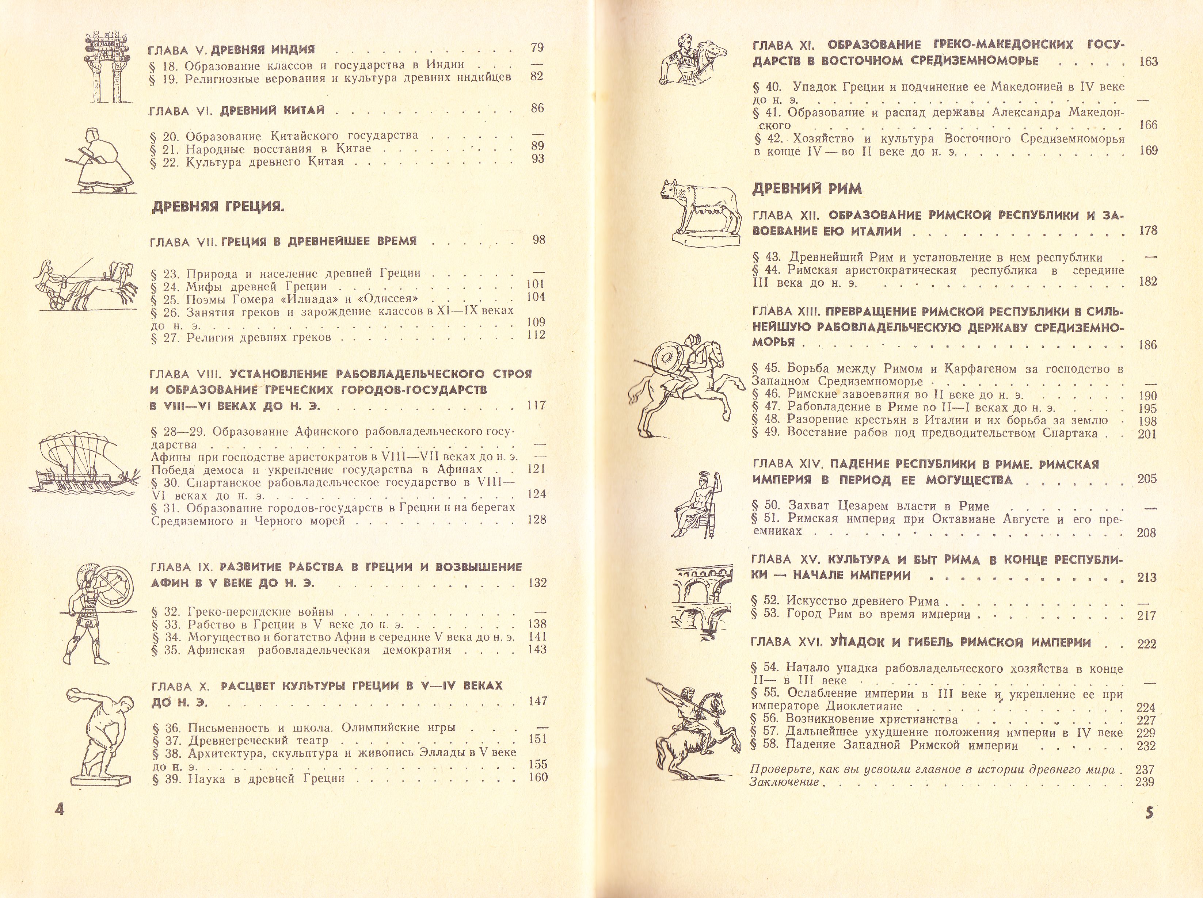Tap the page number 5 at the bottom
(1149, 814)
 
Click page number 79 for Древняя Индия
(537, 48)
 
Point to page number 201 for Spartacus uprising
(1147, 434)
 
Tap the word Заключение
(784, 782)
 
